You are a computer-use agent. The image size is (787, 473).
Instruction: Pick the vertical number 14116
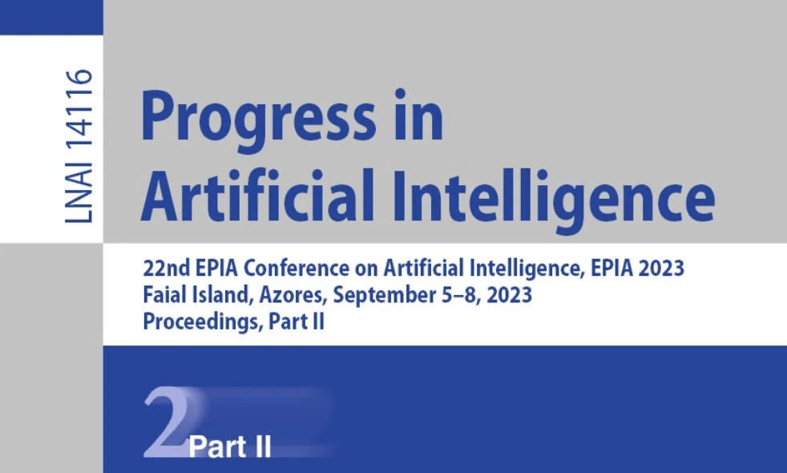tap(79, 111)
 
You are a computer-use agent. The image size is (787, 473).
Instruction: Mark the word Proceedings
tap(203, 321)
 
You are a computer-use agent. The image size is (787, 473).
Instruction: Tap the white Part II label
tap(230, 447)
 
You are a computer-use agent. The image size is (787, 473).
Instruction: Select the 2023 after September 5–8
tap(509, 295)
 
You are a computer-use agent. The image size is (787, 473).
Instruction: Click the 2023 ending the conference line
tap(661, 268)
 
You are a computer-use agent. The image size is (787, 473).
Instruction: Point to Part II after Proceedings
tap(297, 321)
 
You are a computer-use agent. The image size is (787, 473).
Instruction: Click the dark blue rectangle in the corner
tap(51, 17)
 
